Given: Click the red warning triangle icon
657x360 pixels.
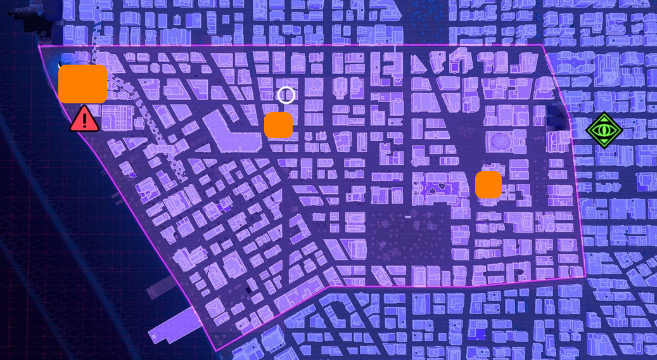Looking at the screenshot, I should [x=84, y=120].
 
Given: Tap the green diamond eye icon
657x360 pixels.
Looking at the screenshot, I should [x=604, y=131].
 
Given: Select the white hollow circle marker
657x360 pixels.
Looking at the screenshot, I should [x=286, y=95].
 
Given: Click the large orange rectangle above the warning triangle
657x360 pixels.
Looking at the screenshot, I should [x=83, y=84].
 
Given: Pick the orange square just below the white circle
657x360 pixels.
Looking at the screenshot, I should [x=279, y=125].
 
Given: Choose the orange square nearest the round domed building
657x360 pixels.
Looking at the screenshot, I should [x=488, y=184].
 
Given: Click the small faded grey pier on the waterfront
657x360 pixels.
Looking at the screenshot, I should [x=158, y=288].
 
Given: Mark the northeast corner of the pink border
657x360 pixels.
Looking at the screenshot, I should [x=542, y=45].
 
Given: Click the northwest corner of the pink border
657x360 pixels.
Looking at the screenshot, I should [x=39, y=46].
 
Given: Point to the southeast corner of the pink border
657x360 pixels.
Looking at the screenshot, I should [x=584, y=277].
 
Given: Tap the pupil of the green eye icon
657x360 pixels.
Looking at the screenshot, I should [x=604, y=131].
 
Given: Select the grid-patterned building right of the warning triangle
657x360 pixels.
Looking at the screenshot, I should [x=117, y=118].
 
